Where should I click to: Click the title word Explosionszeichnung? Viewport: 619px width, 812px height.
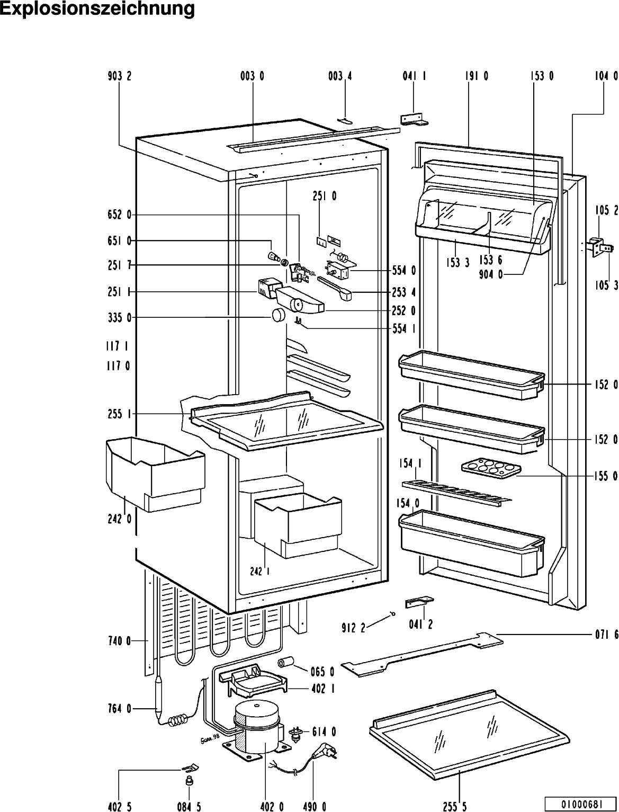point(97,9)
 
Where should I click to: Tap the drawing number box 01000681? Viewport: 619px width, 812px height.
point(582,801)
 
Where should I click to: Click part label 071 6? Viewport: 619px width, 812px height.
point(606,635)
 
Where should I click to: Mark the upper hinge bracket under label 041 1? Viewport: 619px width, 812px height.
point(414,119)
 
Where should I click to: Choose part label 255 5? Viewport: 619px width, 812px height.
point(455,806)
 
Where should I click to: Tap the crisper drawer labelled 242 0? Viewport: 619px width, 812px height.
point(155,474)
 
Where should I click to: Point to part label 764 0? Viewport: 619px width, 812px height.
point(120,709)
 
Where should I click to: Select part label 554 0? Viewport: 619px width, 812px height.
point(404,271)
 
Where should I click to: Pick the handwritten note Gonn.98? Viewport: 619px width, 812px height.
point(210,739)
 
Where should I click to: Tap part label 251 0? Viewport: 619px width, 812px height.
point(325,196)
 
